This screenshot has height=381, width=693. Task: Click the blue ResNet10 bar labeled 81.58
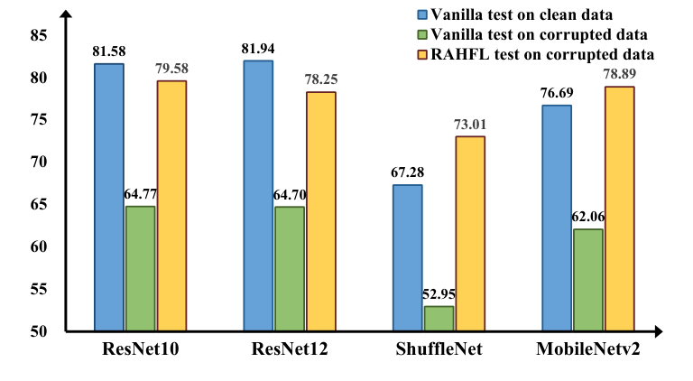point(109,197)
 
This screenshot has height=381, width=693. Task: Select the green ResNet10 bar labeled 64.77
point(140,268)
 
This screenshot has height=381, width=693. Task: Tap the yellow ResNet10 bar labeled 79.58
point(171,206)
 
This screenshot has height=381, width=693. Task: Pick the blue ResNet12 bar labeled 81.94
point(258,195)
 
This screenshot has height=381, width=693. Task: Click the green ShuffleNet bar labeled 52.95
point(439,319)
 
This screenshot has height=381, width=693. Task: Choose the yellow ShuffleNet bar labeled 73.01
point(470,234)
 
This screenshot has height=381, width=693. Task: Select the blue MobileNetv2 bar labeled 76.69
point(557,218)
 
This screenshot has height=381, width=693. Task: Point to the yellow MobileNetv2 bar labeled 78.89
point(619,209)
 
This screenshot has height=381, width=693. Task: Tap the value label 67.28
point(407,172)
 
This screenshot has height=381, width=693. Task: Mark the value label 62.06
point(588,218)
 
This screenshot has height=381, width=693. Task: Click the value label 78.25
point(319,80)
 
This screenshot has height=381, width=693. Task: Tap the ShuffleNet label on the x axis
point(439,351)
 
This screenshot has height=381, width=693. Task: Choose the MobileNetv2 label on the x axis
point(587,351)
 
